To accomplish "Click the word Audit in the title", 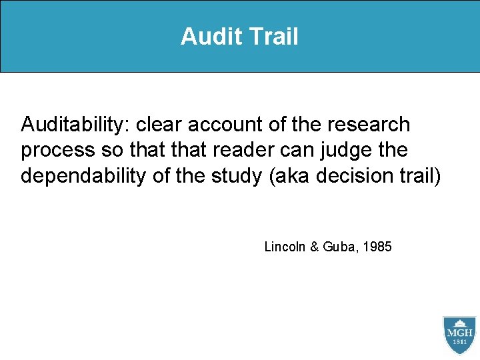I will (x=207, y=37).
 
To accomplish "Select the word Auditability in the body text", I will (x=75, y=125).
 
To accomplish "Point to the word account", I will (x=223, y=125).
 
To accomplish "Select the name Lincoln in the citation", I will (x=285, y=247).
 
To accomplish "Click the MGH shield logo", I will (x=459, y=335).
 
